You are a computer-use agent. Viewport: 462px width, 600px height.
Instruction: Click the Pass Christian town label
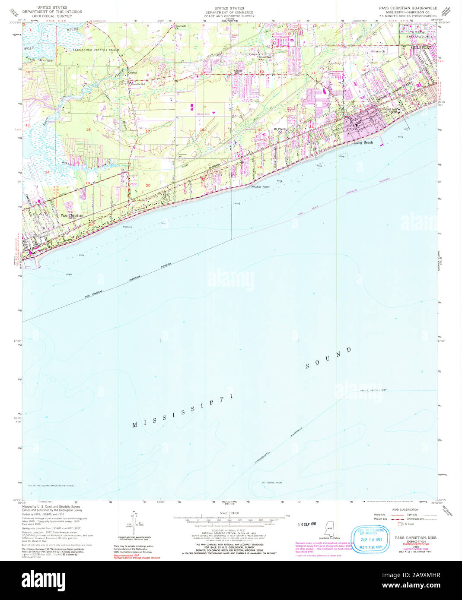72,215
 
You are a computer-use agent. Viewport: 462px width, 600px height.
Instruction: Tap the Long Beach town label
363,142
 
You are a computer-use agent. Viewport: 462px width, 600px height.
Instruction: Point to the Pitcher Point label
261,187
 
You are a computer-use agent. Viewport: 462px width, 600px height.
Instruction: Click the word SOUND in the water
329,358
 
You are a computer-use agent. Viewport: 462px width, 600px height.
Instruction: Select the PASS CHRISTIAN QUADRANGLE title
408,8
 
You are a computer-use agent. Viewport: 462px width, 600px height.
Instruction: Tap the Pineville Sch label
138,84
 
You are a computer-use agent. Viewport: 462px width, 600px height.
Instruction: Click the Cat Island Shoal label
272,483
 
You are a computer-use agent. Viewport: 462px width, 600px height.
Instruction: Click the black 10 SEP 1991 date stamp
307,524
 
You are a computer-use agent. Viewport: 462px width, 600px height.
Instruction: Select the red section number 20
148,185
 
